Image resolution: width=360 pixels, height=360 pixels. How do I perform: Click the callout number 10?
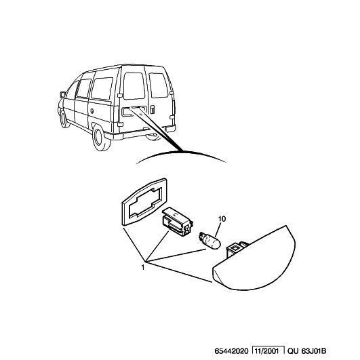(222, 219)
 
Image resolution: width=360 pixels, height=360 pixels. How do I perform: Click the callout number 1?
(143, 268)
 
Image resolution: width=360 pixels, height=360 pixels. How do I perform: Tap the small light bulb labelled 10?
(210, 241)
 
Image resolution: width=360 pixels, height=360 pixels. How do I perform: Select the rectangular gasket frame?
(144, 202)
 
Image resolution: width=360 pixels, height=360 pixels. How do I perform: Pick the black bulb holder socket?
(178, 222)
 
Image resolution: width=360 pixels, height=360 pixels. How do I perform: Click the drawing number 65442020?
(231, 351)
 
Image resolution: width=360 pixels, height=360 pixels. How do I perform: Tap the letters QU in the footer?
(293, 351)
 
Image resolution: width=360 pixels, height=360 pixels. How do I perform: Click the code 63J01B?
(314, 351)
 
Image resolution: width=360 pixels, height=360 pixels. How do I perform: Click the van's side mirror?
(62, 95)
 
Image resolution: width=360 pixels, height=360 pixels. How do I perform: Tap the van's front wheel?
(64, 119)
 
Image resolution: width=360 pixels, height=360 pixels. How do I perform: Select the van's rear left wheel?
(100, 138)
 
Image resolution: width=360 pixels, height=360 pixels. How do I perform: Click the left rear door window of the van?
(134, 86)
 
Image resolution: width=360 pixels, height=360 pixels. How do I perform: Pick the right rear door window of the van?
(159, 85)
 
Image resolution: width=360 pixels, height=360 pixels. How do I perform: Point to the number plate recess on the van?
(134, 111)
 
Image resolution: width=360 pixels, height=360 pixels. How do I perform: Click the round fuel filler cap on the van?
(92, 111)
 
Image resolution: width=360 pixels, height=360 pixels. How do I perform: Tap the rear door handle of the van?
(153, 109)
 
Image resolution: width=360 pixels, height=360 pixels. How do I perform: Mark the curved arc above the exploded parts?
(182, 153)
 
